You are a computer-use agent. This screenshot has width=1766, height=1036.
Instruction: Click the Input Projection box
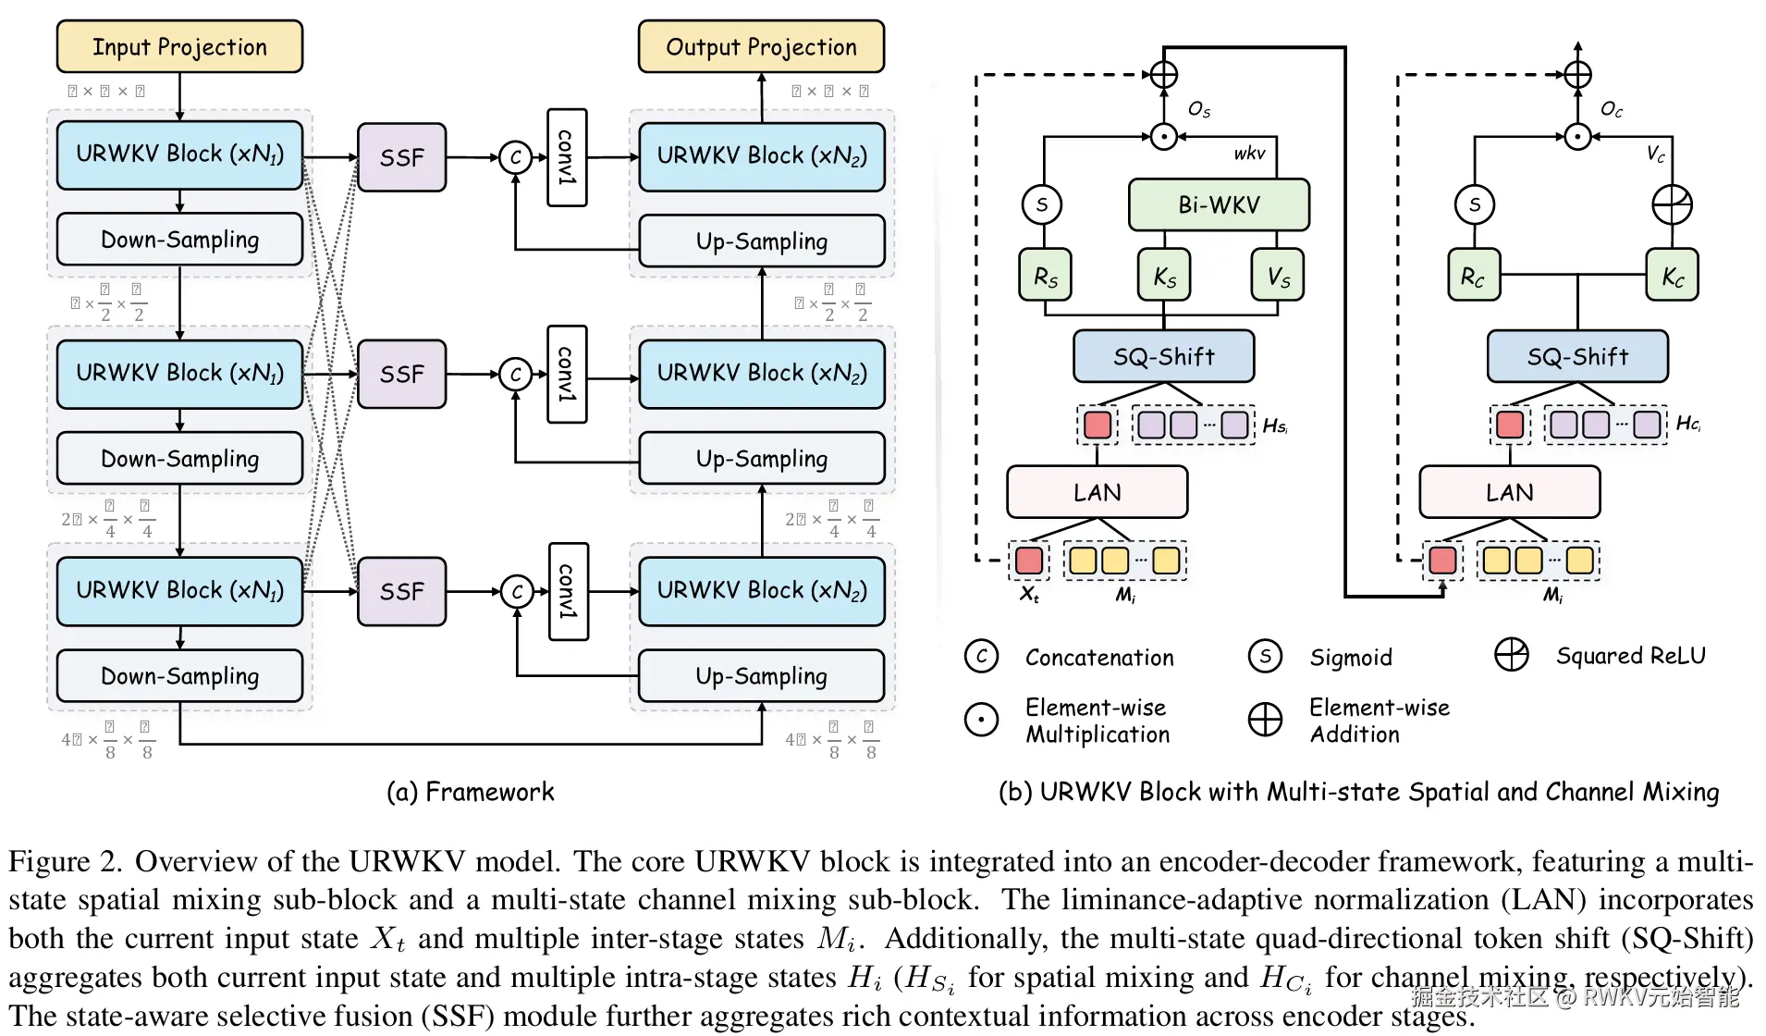[x=179, y=46]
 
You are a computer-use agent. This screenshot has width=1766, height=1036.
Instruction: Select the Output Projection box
[x=761, y=46]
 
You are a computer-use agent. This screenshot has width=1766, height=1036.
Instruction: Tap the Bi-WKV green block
[x=1219, y=204]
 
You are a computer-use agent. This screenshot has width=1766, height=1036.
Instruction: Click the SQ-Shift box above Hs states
[x=1163, y=356]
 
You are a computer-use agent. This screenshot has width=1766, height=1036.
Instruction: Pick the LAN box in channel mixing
[x=1509, y=492]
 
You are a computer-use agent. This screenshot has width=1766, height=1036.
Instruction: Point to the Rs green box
[x=1045, y=276]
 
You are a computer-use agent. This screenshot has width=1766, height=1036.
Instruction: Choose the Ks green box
[x=1164, y=276]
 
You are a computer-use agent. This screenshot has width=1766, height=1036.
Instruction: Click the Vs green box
[x=1278, y=276]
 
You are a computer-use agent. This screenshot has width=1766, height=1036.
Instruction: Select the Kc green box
[x=1673, y=276]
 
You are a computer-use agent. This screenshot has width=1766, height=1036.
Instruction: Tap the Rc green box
[x=1474, y=276]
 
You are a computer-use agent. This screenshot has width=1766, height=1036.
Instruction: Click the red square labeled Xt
[x=1029, y=561]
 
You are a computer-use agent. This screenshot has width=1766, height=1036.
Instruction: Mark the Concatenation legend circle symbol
[x=981, y=656]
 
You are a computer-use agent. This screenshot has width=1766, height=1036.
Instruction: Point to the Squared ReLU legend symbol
[x=1512, y=655]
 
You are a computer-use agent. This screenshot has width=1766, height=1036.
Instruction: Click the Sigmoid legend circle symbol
[x=1265, y=656]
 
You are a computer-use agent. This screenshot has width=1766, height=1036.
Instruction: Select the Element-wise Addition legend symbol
[x=1265, y=720]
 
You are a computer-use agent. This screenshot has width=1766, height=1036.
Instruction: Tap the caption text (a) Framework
[x=471, y=792]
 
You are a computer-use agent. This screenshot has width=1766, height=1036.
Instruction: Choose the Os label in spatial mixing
[x=1199, y=110]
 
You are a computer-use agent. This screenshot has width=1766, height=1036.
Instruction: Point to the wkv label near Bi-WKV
[x=1249, y=154]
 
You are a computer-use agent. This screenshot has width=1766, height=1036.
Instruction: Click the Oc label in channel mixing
[x=1612, y=110]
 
